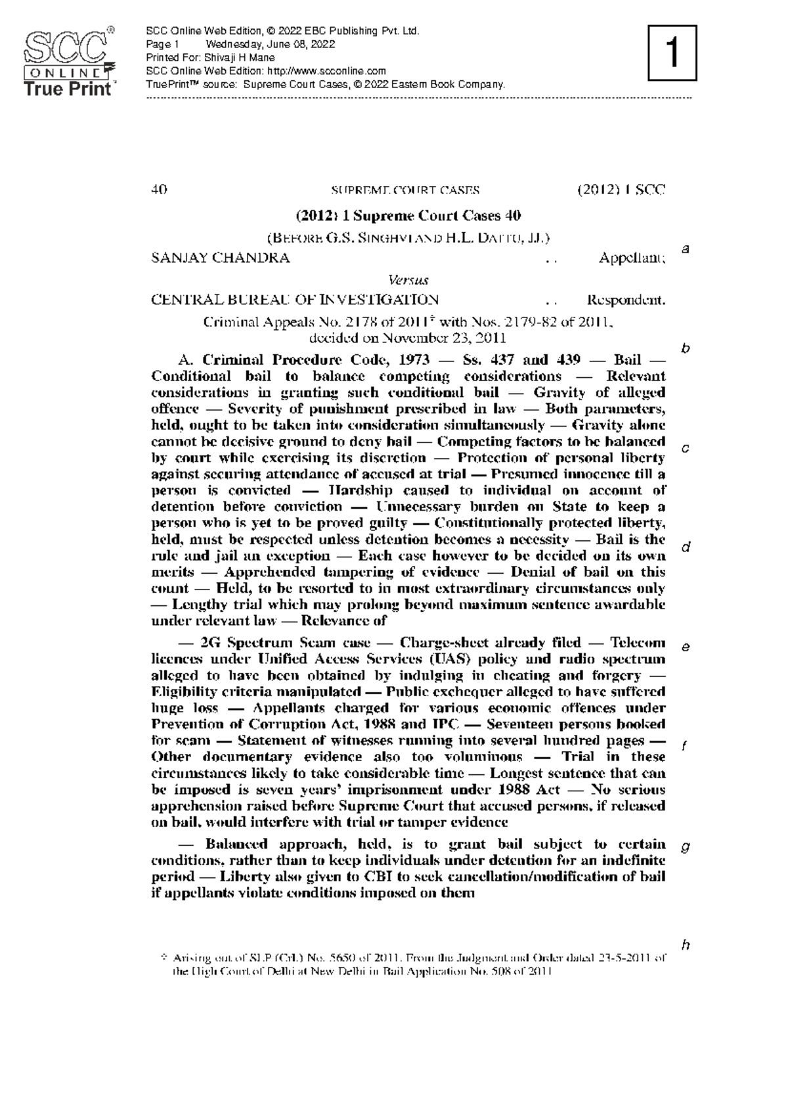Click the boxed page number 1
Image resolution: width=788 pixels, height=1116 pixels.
[x=672, y=53]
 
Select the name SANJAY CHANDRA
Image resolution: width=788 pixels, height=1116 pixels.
[x=220, y=258]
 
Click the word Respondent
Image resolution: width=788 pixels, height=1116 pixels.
[x=626, y=300]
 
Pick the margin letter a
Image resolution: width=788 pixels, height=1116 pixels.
[x=686, y=249]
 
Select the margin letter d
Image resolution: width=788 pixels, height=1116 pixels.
[x=686, y=547]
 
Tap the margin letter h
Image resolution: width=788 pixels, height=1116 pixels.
[x=686, y=945]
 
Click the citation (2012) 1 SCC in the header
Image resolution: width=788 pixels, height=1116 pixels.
[x=621, y=191]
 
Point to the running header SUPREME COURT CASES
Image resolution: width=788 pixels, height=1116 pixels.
[x=405, y=191]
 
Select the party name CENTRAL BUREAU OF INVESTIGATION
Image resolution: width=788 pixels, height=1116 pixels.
[x=295, y=300]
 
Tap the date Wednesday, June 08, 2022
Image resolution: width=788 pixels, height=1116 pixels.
[x=271, y=45]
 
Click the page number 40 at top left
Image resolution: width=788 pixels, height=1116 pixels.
[x=159, y=191]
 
